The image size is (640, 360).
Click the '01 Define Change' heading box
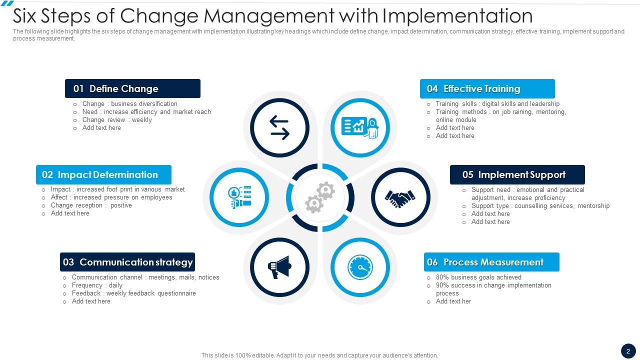tap(132, 88)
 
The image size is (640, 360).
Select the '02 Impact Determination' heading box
tap(103, 174)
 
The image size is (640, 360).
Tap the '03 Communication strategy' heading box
tap(127, 262)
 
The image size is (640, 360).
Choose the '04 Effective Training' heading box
tap(487, 88)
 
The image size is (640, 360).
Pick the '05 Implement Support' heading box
tap(517, 174)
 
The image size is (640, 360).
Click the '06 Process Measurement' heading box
tap(491, 262)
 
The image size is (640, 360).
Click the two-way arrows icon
tap(280, 127)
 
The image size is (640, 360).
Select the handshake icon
tap(400, 197)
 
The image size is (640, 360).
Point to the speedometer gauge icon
tap(360, 267)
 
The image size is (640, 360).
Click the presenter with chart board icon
tap(359, 127)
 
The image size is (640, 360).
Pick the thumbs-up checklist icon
tap(239, 197)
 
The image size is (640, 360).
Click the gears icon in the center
tap(320, 197)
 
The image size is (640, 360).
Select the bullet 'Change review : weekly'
tap(117, 120)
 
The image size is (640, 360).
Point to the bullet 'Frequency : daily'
tap(97, 285)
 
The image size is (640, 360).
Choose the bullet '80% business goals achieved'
tap(478, 277)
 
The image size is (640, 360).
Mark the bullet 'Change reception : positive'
tap(91, 205)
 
